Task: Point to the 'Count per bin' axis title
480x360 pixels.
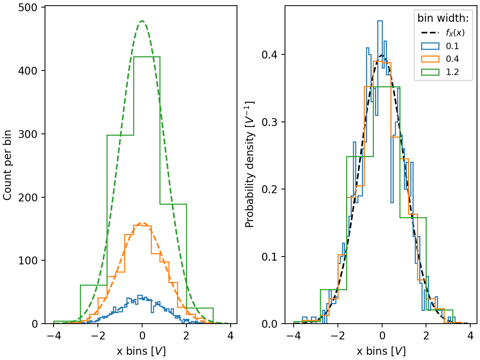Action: (7, 165)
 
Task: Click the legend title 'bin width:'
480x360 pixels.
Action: (443, 18)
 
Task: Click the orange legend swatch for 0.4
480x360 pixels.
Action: (430, 59)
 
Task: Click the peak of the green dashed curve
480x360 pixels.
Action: (142, 21)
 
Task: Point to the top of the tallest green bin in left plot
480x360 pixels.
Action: (147, 57)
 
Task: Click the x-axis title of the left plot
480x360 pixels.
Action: (141, 351)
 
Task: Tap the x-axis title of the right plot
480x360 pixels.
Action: (381, 351)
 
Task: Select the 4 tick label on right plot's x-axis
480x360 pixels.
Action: (470, 335)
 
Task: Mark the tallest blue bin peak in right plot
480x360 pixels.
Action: (380, 21)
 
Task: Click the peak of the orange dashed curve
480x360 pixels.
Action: (142, 223)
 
